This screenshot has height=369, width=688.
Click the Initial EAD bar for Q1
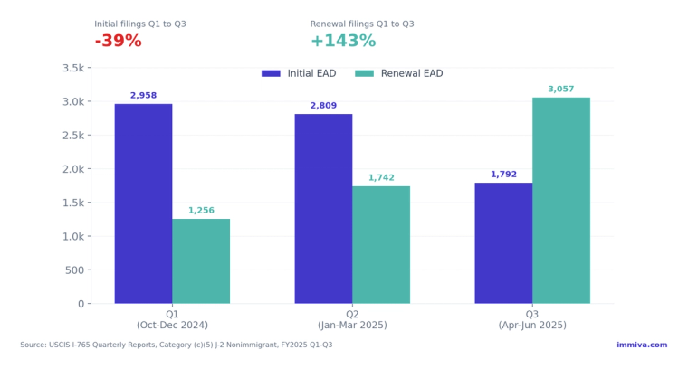click(x=143, y=203)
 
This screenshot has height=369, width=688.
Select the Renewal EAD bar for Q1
click(x=201, y=261)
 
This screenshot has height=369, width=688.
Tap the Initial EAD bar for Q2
click(x=323, y=209)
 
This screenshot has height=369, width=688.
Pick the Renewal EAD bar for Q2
click(x=381, y=245)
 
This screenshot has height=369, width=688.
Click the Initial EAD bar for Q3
click(x=503, y=243)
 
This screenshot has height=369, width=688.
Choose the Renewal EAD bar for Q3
click(x=561, y=201)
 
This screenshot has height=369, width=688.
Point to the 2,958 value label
click(x=143, y=96)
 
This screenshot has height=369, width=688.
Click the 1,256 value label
click(x=201, y=211)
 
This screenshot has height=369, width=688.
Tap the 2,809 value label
click(x=323, y=106)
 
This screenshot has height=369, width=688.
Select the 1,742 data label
click(x=381, y=178)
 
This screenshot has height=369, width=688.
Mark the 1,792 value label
click(x=503, y=175)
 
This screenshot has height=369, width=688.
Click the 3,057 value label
click(x=561, y=90)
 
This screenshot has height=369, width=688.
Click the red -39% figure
click(x=118, y=42)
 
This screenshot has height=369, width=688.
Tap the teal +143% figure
click(x=342, y=42)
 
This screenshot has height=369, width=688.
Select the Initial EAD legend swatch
click(x=271, y=73)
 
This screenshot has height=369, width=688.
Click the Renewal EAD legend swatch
click(x=364, y=73)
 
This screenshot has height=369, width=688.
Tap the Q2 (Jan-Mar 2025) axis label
click(x=352, y=319)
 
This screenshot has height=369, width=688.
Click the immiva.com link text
click(x=642, y=345)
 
